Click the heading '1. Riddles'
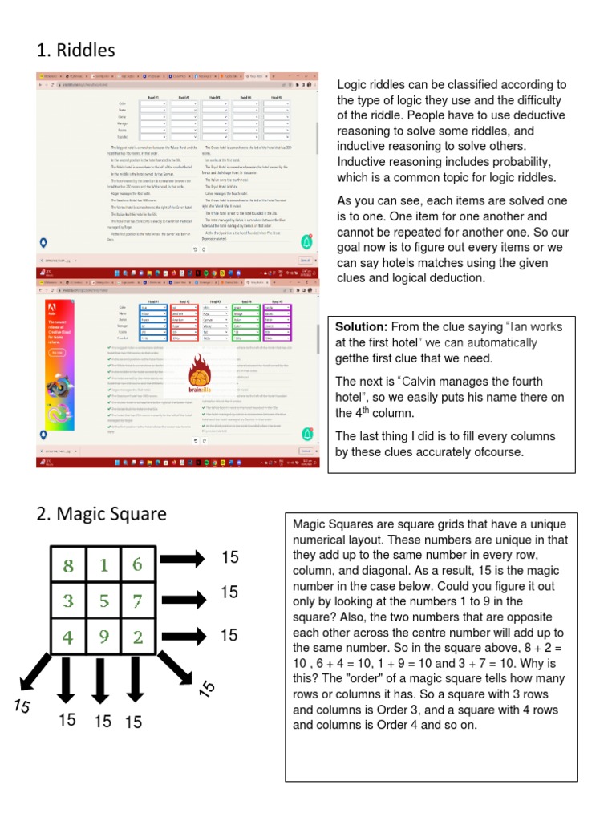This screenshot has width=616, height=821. tap(75, 51)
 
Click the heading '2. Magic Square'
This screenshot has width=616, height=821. tap(101, 514)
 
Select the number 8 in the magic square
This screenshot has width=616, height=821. tap(68, 566)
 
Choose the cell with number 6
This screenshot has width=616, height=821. tap(137, 565)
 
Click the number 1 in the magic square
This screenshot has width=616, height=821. tap(103, 565)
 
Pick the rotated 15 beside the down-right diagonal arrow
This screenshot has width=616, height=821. tap(207, 687)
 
